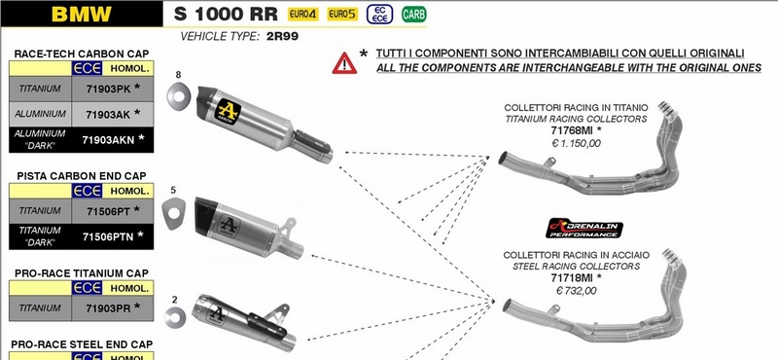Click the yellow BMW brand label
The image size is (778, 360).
tap(81, 16)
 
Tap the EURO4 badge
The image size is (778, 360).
tap(302, 16)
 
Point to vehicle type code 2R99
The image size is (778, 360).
tap(282, 36)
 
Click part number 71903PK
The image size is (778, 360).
tap(107, 88)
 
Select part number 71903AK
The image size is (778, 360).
tap(107, 114)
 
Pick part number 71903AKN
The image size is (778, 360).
tap(110, 139)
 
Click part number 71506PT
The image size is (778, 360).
tap(107, 209)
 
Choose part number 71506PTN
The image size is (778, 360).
tap(110, 235)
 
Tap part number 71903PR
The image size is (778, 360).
tap(107, 306)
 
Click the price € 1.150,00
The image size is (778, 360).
tap(576, 143)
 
